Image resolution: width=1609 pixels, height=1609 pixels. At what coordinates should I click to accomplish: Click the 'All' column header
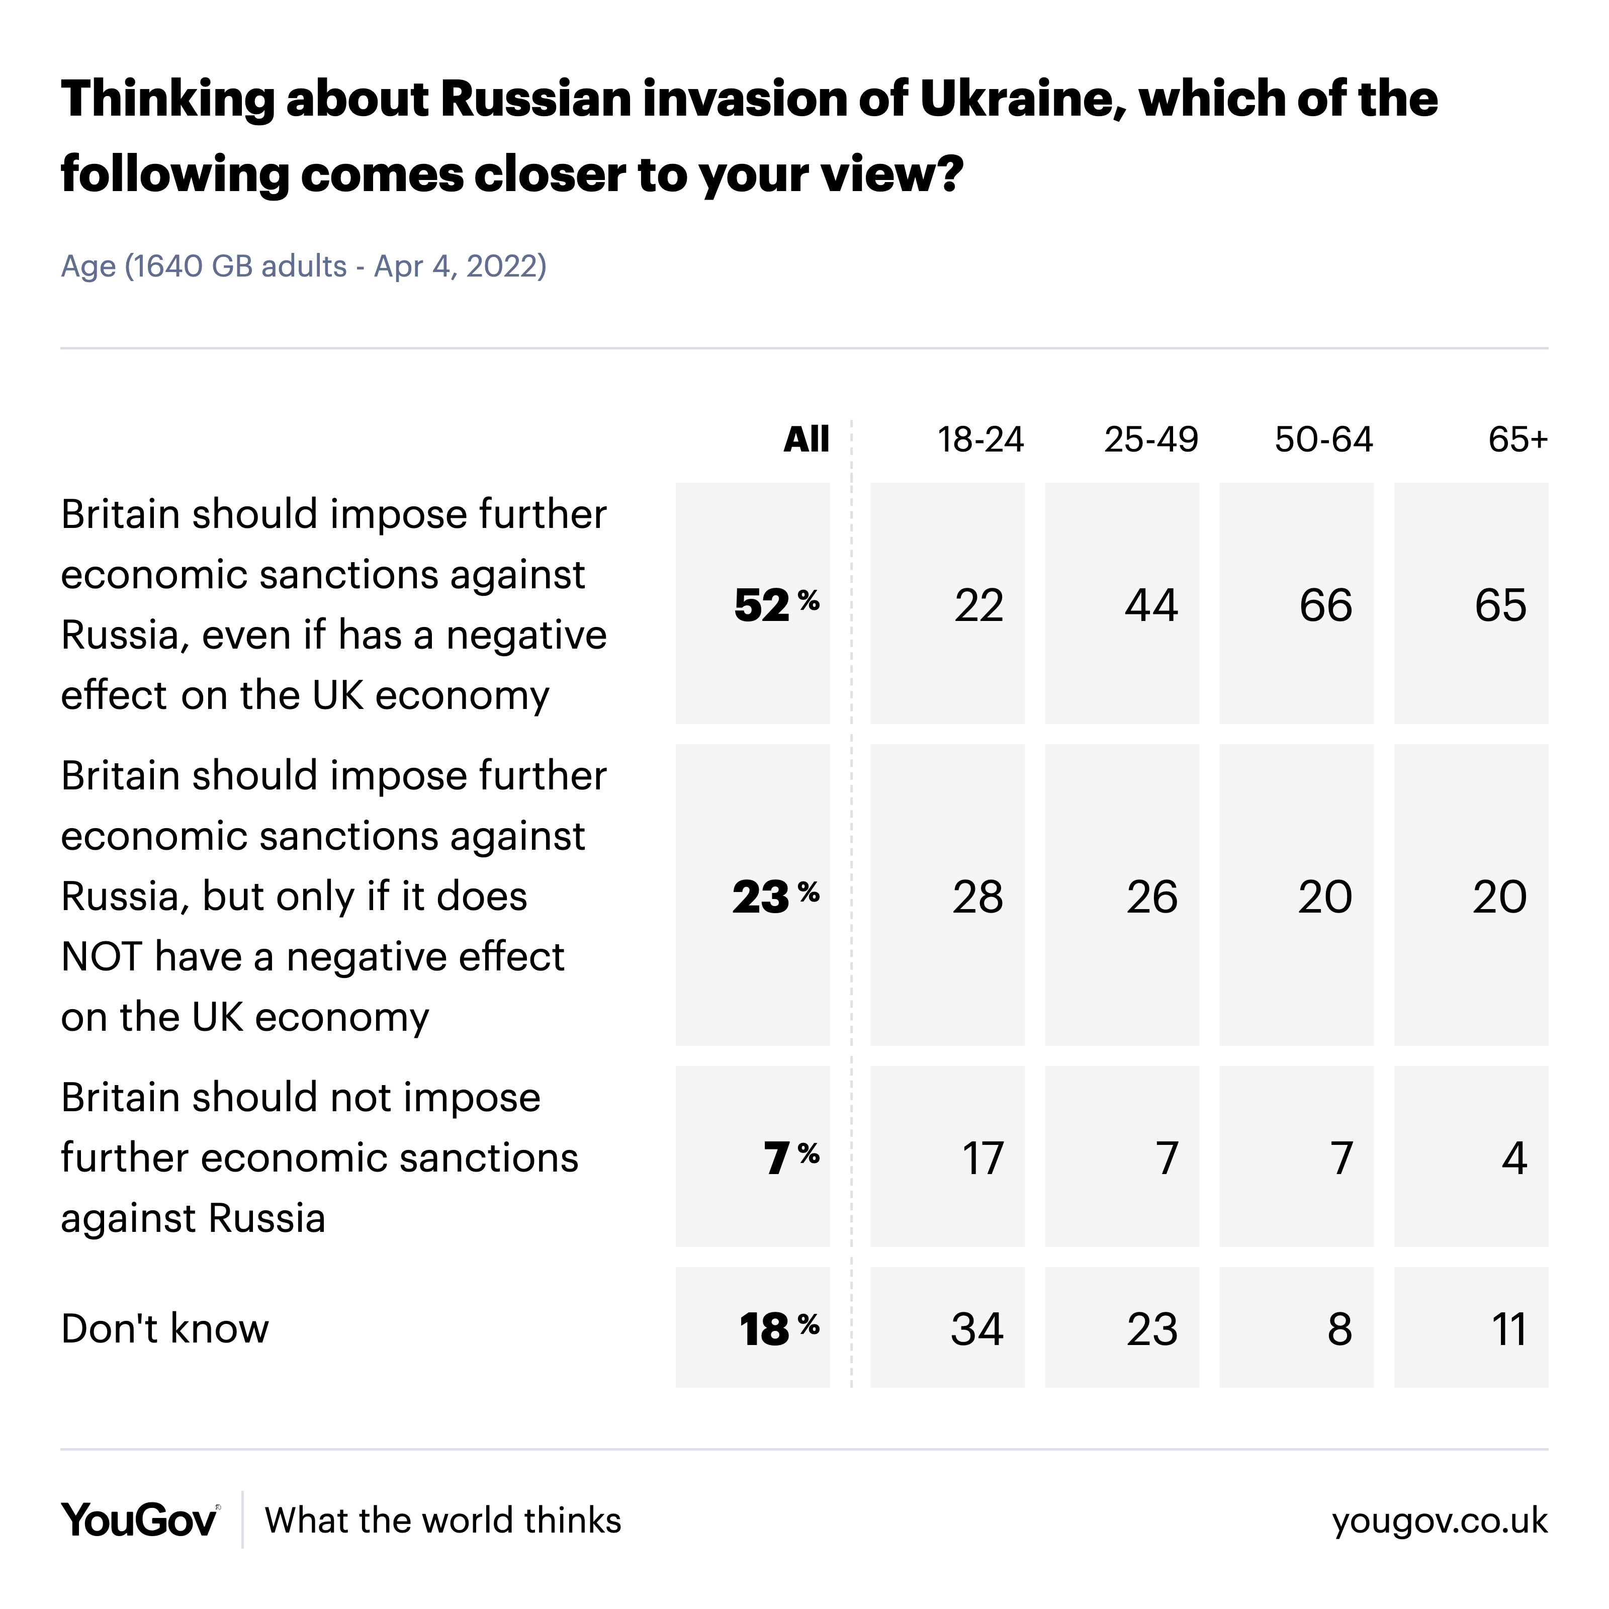tap(806, 439)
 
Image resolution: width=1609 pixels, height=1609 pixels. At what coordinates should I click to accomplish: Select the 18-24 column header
tap(979, 439)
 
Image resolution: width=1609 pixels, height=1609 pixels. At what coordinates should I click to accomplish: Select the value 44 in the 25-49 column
tap(1151, 604)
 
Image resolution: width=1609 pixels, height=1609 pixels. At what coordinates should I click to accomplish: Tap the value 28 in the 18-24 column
tap(978, 897)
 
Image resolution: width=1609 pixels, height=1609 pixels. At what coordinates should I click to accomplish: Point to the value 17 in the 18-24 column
tap(982, 1157)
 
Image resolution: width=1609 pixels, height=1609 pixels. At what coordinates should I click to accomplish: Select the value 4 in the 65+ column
tap(1514, 1157)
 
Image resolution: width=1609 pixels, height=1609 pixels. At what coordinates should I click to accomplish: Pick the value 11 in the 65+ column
tap(1509, 1328)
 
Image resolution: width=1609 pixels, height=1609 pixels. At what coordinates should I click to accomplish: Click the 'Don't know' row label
tap(165, 1328)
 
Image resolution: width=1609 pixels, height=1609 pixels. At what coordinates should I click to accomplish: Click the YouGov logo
tap(140, 1520)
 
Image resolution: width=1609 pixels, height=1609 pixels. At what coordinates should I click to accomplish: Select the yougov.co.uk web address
tap(1439, 1521)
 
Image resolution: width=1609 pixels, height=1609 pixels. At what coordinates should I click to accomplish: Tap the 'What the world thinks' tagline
tap(443, 1520)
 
